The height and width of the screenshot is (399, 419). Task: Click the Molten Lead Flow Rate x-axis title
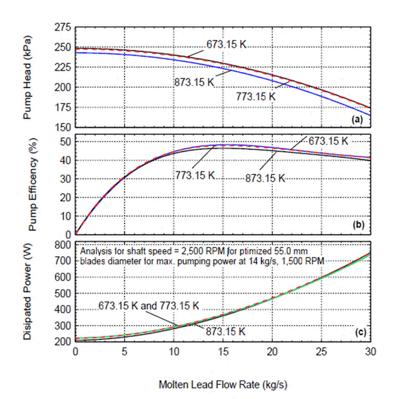[223, 384]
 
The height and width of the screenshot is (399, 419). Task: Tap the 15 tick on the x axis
[223, 352]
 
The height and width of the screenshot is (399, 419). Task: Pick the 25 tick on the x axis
[321, 352]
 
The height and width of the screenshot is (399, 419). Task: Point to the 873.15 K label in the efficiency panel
[265, 178]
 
